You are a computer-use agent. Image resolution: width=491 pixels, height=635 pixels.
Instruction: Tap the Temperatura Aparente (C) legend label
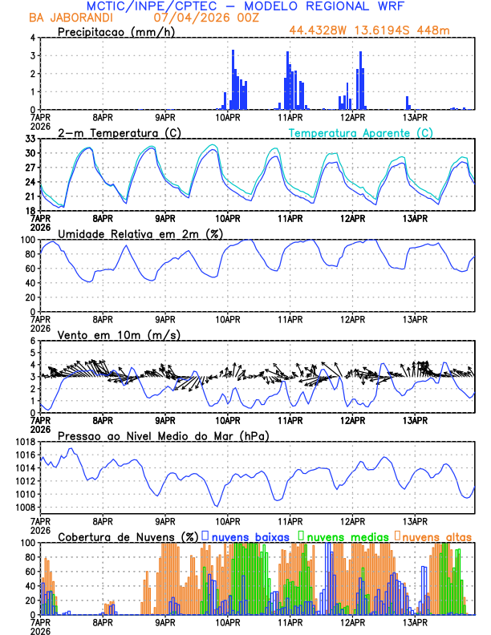(361, 132)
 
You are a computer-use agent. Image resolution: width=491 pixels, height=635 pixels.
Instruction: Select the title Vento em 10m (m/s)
(119, 334)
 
